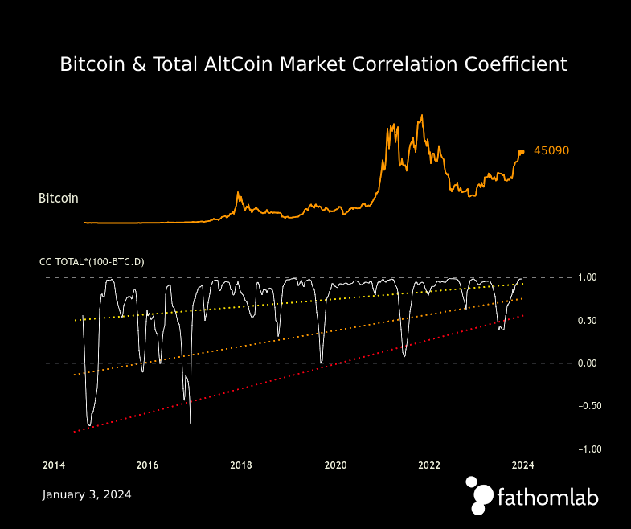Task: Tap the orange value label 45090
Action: click(x=551, y=150)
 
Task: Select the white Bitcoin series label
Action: click(x=59, y=198)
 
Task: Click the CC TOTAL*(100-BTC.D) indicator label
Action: click(x=92, y=262)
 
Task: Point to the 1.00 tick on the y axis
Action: click(x=588, y=277)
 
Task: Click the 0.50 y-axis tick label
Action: click(x=588, y=321)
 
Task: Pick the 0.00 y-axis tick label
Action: click(x=588, y=363)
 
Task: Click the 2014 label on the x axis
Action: click(x=53, y=465)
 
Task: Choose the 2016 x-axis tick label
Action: click(x=147, y=465)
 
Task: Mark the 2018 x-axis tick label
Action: click(x=241, y=465)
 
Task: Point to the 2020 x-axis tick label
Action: click(x=335, y=465)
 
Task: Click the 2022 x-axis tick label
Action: click(x=429, y=465)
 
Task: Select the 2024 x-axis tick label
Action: click(x=523, y=465)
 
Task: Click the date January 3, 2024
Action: click(x=87, y=494)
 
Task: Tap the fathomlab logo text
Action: click(x=547, y=498)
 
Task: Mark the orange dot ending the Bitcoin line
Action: click(x=522, y=151)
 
